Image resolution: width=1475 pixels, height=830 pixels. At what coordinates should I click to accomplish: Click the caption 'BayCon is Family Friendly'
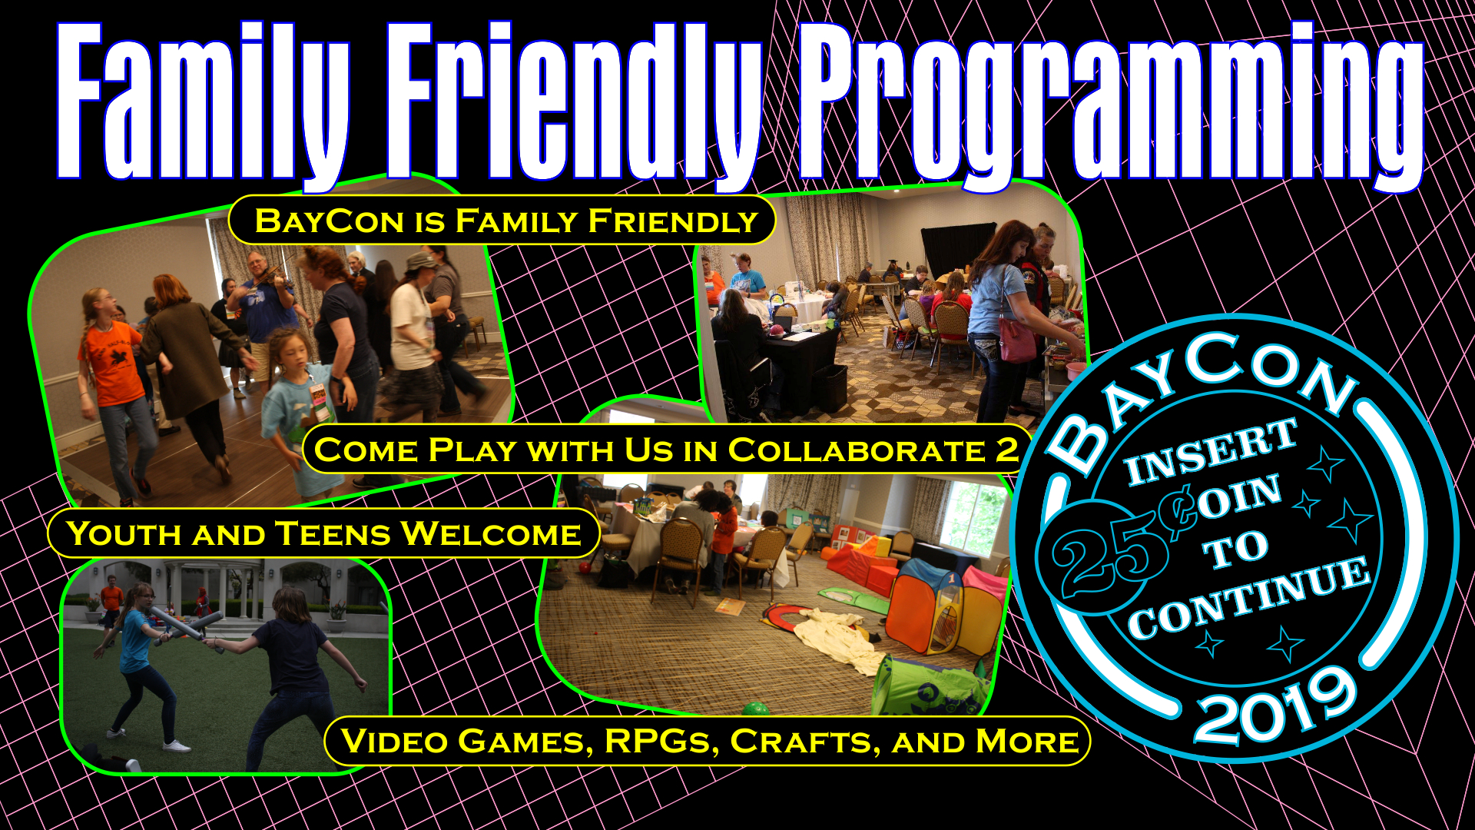coord(505,221)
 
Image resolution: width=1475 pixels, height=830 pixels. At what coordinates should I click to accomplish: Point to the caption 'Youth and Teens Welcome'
coord(323,533)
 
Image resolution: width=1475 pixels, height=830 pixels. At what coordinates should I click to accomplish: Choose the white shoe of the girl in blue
coord(176,745)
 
